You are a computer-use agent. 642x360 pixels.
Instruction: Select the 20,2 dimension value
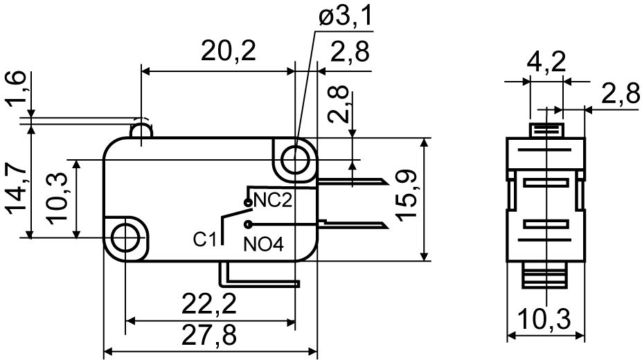click(229, 51)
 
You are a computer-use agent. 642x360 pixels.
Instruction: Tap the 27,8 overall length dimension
click(209, 336)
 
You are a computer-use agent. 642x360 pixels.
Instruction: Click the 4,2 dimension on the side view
click(546, 63)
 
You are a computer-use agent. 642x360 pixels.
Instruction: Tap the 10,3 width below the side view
click(544, 319)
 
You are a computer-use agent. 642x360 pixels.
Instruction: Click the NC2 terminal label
click(273, 201)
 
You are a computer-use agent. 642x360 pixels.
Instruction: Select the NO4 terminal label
click(263, 244)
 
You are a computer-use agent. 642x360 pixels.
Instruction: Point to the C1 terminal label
click(205, 240)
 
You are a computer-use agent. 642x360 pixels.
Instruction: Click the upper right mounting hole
click(295, 160)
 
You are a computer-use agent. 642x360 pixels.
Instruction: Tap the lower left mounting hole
click(125, 237)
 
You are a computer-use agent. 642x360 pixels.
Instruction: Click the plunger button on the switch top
click(141, 129)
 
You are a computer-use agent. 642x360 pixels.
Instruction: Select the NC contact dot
click(248, 202)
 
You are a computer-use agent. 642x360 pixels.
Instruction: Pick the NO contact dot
click(248, 224)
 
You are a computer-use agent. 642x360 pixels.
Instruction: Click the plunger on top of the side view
click(546, 130)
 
